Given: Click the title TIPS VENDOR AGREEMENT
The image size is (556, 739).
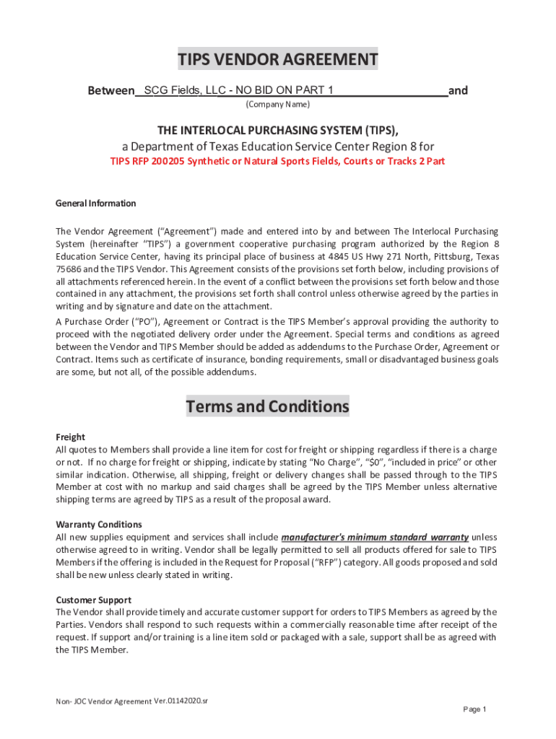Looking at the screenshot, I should pyautogui.click(x=278, y=59).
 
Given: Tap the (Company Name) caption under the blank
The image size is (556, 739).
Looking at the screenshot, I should pyautogui.click(x=278, y=105).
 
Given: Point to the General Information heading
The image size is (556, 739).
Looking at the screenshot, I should pyautogui.click(x=95, y=204).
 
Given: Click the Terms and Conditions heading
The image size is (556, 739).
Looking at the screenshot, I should pyautogui.click(x=267, y=406).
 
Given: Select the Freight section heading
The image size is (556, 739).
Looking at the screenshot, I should pyautogui.click(x=70, y=437).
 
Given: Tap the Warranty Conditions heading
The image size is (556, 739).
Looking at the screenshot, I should pyautogui.click(x=99, y=525).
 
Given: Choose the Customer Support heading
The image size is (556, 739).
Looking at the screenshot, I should pyautogui.click(x=93, y=600).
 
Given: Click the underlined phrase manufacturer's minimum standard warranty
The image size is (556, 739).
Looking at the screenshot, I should pyautogui.click(x=375, y=538).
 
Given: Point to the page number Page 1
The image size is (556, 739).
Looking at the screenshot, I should pyautogui.click(x=474, y=709).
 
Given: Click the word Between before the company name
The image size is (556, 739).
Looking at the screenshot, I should pyautogui.click(x=110, y=91).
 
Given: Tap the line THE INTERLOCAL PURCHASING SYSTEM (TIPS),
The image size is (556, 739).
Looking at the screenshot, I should pyautogui.click(x=278, y=130).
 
